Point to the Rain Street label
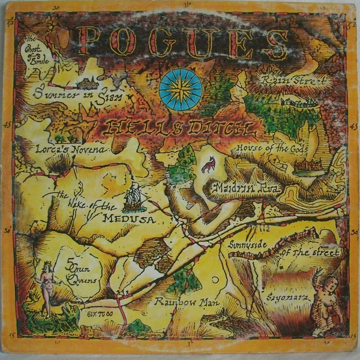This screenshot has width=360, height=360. tap(294, 80)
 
